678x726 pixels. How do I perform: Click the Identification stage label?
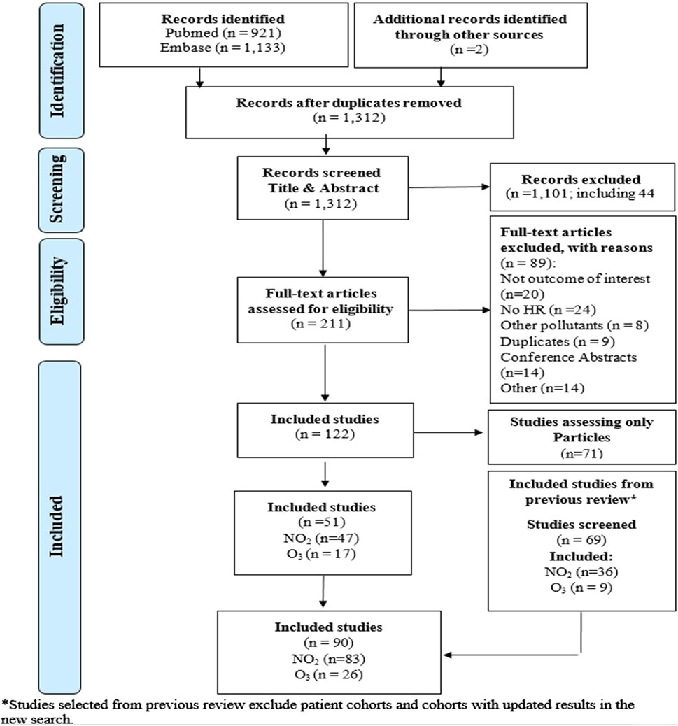click(57, 71)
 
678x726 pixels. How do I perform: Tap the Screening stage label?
click(57, 189)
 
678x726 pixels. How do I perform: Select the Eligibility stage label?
click(57, 291)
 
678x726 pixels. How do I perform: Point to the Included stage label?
click(56, 527)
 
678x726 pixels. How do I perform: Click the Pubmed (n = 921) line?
click(223, 33)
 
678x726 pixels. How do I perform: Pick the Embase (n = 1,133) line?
click(223, 48)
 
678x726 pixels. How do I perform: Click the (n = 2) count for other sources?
click(469, 49)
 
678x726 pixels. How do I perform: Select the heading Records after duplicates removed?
click(348, 102)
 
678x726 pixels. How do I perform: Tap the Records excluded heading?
click(581, 179)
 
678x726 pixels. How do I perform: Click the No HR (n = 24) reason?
click(548, 309)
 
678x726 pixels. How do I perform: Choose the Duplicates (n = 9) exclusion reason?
click(558, 341)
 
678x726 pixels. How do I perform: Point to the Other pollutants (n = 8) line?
click(574, 325)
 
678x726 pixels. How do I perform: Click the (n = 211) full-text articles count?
click(321, 323)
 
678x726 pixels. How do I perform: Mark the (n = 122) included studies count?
click(325, 434)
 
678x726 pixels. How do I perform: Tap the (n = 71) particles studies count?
click(581, 453)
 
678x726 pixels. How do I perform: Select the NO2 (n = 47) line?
click(321, 539)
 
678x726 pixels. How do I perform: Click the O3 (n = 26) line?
click(328, 675)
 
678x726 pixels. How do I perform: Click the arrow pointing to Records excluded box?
click(449, 187)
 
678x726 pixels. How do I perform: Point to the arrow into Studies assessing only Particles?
click(449, 432)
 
